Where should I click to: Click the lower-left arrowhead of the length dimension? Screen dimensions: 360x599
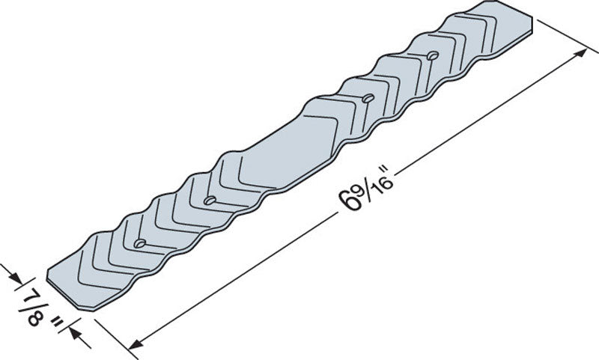[136, 344]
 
